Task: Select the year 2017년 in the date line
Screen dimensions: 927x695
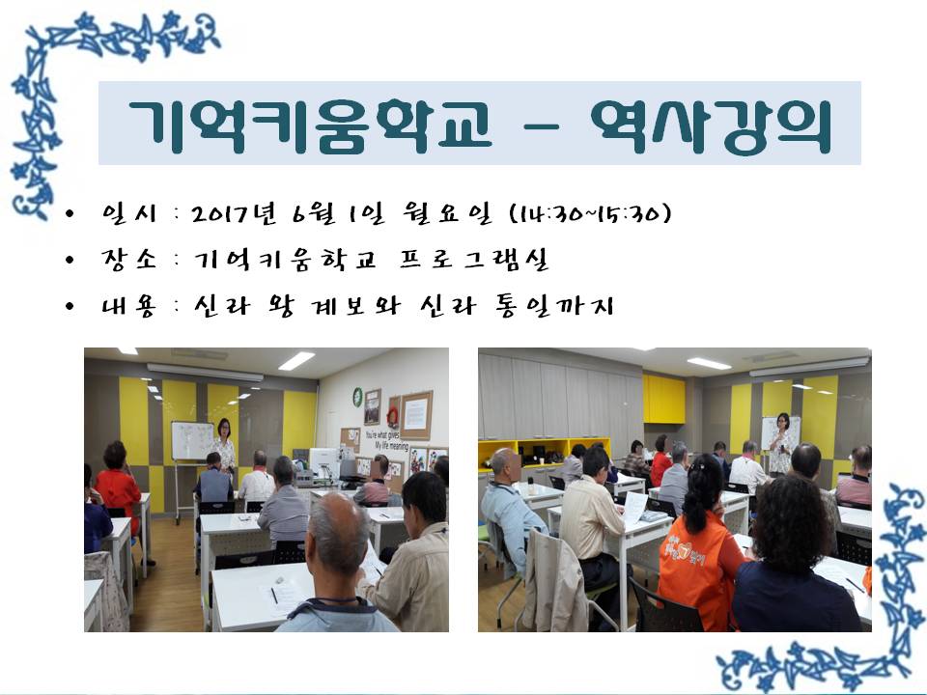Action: pyautogui.click(x=235, y=214)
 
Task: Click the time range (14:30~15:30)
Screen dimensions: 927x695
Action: pyautogui.click(x=590, y=213)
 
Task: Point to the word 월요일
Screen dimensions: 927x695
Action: pyautogui.click(x=447, y=213)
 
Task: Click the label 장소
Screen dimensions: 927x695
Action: pyautogui.click(x=128, y=260)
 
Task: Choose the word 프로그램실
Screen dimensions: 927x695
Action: pyautogui.click(x=474, y=260)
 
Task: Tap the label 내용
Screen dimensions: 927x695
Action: pyautogui.click(x=128, y=306)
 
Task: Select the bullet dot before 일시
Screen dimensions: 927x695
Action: pyautogui.click(x=70, y=214)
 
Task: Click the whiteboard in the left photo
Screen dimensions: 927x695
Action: pyautogui.click(x=192, y=441)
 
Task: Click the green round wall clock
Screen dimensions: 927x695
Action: pyautogui.click(x=357, y=397)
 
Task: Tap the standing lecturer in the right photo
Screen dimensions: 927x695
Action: pyautogui.click(x=781, y=444)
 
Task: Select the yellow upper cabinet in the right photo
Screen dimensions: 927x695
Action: pyautogui.click(x=664, y=399)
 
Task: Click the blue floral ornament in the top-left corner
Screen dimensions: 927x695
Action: pyautogui.click(x=89, y=89)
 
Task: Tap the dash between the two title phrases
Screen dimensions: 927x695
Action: pyautogui.click(x=541, y=126)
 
